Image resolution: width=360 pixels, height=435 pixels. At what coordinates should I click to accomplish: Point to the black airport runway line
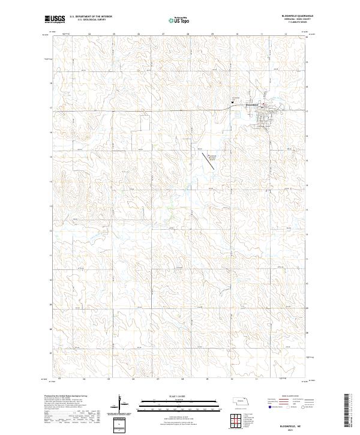205,160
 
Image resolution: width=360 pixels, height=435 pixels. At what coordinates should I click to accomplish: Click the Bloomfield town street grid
263,117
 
